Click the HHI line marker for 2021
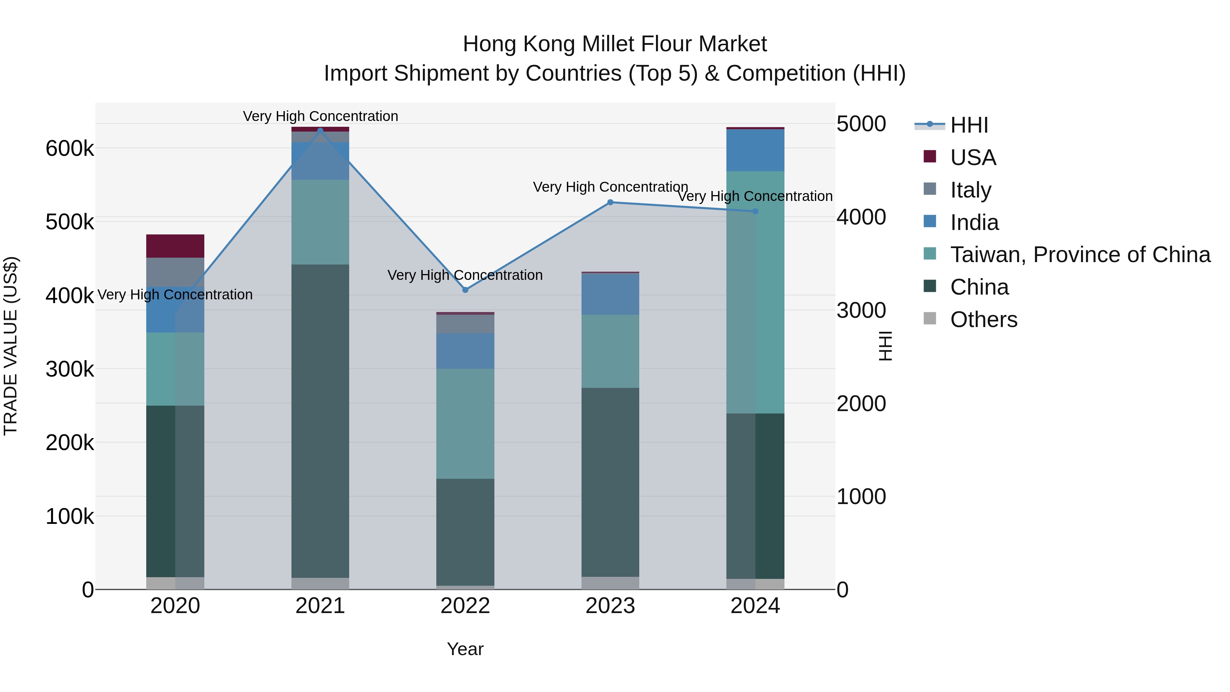[x=320, y=131]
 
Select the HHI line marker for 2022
[x=466, y=290]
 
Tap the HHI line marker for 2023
[x=610, y=203]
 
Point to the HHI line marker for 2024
[x=755, y=211]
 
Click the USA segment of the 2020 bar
[x=175, y=246]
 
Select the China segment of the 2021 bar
[x=320, y=420]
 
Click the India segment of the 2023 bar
[x=610, y=294]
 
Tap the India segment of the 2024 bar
[x=755, y=150]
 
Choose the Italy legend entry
[x=970, y=190]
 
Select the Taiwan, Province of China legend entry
[x=1080, y=255]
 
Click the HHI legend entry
[x=969, y=125]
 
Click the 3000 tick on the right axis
[x=861, y=310]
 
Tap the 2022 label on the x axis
[x=466, y=606]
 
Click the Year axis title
[x=466, y=649]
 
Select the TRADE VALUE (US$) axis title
[x=11, y=346]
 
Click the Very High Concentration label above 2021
[x=320, y=116]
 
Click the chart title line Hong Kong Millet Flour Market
[x=615, y=44]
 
